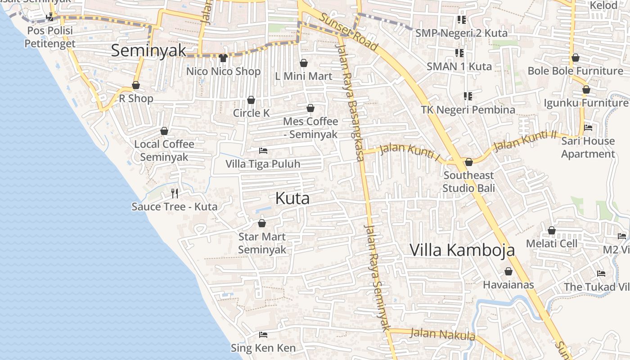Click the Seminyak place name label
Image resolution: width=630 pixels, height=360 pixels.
[148, 50]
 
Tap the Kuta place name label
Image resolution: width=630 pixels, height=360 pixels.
[292, 198]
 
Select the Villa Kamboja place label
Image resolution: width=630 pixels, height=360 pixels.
[462, 250]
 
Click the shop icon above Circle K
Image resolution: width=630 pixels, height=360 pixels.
[251, 99]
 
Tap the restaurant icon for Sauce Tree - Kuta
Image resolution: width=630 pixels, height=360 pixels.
[175, 193]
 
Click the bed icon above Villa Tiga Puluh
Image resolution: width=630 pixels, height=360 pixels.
[263, 150]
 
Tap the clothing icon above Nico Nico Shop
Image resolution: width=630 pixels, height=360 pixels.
[223, 58]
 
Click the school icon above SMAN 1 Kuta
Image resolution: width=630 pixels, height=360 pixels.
[459, 53]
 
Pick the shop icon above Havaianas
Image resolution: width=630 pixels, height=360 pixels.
[508, 271]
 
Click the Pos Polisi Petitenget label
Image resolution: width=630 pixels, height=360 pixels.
[49, 37]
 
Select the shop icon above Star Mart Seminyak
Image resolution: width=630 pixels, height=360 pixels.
[262, 223]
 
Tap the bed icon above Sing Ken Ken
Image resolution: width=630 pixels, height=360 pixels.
[263, 335]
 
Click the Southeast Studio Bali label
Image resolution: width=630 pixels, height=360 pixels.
[468, 181]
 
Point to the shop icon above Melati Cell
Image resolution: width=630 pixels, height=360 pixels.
[552, 230]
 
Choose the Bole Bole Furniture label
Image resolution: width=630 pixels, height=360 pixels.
[575, 71]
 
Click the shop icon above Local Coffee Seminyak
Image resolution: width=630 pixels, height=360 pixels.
[164, 131]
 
